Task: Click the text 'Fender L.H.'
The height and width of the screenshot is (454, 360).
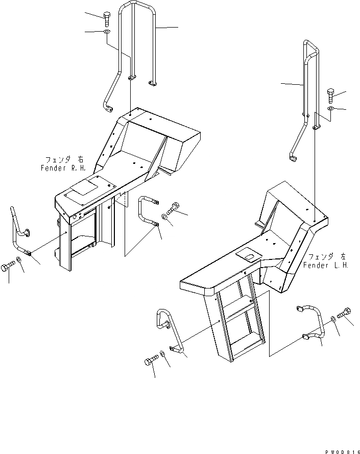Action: coord(325,265)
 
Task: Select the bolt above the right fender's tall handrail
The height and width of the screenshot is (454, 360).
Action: coord(106,18)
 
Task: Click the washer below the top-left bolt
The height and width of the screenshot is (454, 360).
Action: coord(106,33)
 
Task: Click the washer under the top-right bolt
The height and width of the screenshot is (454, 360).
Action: coord(330,108)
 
